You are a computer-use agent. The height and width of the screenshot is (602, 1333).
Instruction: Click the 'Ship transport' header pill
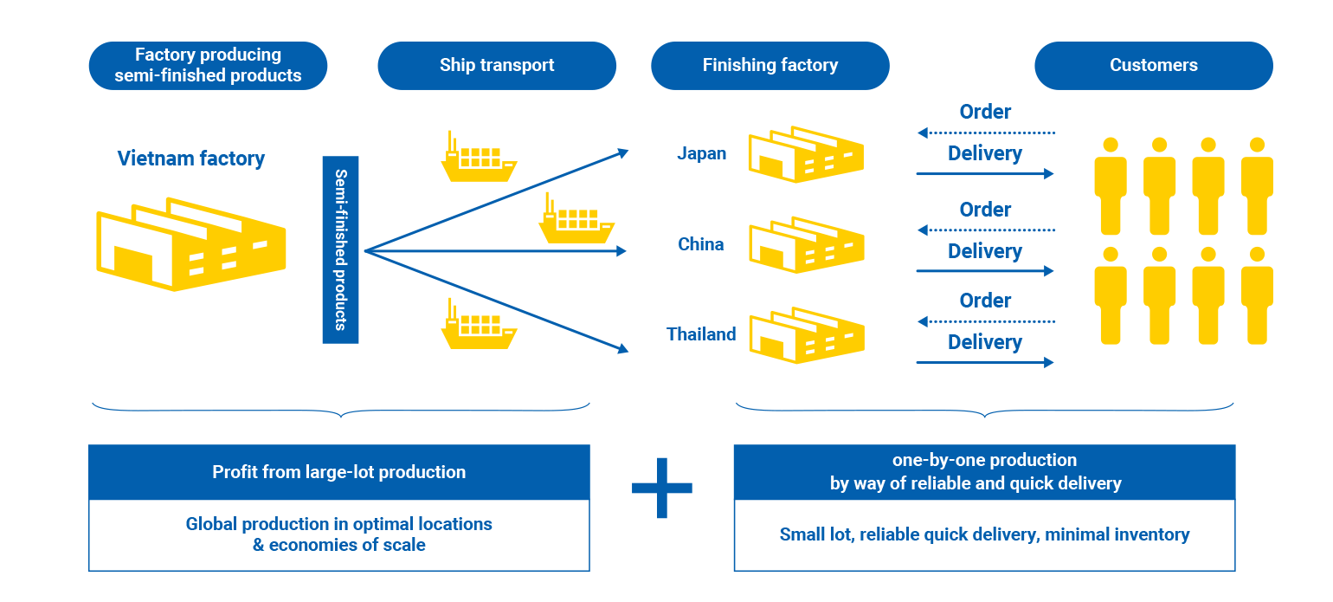pyautogui.click(x=497, y=66)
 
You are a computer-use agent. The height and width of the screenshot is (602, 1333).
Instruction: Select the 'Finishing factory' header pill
pyautogui.click(x=770, y=66)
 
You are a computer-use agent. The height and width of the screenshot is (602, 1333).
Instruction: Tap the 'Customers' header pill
pyautogui.click(x=1153, y=66)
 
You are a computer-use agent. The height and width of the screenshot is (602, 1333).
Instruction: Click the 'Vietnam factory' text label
pyautogui.click(x=191, y=159)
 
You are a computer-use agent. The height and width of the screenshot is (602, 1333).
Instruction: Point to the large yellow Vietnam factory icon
pyautogui.click(x=190, y=245)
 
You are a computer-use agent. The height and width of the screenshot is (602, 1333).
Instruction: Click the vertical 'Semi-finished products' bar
pyautogui.click(x=340, y=249)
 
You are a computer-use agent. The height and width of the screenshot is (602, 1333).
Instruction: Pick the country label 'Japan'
pyautogui.click(x=701, y=154)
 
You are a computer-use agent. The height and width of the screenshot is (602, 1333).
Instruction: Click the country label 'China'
pyautogui.click(x=700, y=244)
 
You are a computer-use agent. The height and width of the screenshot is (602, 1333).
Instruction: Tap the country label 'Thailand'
pyautogui.click(x=701, y=334)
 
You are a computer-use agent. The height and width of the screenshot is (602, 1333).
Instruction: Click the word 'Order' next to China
pyautogui.click(x=985, y=210)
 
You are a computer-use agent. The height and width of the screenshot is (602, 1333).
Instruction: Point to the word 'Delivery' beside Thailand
pyautogui.click(x=985, y=342)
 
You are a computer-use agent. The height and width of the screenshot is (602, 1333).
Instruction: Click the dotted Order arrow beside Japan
pyautogui.click(x=986, y=133)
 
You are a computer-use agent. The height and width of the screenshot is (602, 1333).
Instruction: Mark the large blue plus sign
pyautogui.click(x=661, y=488)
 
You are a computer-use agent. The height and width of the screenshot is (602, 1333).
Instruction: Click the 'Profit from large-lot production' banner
pyautogui.click(x=338, y=472)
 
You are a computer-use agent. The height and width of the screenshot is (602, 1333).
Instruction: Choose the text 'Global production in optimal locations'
pyautogui.click(x=338, y=524)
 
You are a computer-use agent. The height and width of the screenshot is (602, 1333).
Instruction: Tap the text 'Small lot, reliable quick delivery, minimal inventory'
pyautogui.click(x=984, y=534)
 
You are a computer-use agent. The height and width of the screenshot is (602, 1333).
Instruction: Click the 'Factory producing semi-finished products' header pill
pyautogui.click(x=208, y=66)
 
